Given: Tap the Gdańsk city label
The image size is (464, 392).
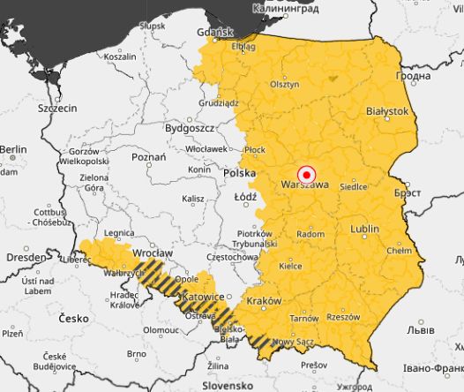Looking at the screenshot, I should pos(215,32).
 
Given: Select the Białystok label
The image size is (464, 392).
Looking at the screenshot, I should pos(387,112).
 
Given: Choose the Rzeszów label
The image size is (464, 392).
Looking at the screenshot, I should pos(343,316).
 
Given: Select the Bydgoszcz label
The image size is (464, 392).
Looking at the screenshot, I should pos(189,128).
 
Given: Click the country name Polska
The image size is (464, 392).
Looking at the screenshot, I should pos(238,173).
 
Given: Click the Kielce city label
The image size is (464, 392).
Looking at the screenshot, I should pos(290,265).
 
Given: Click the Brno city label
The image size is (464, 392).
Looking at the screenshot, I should pos(136,353).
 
